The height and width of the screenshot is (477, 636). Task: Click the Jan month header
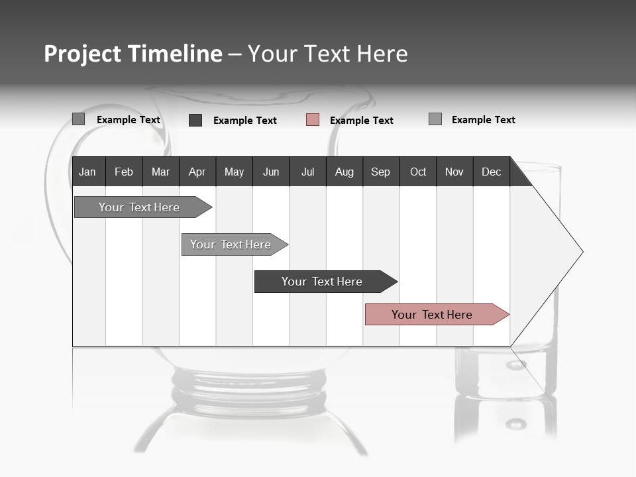[88, 172]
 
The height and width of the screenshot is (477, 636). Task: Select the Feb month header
[124, 172]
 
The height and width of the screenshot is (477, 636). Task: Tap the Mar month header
[160, 172]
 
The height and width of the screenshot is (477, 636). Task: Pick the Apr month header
[197, 172]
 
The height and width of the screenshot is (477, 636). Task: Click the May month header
[234, 172]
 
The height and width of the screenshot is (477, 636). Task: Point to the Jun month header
[271, 172]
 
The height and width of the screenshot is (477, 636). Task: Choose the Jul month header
[307, 172]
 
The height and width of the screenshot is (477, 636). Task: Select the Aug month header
[344, 172]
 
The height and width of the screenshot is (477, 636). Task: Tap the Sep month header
[381, 172]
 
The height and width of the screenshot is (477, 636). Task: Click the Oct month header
[418, 172]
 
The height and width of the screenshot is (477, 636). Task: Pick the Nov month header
[454, 172]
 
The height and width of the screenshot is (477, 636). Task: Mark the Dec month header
[492, 172]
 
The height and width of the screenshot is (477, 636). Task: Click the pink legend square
[313, 120]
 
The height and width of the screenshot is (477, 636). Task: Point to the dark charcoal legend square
[195, 120]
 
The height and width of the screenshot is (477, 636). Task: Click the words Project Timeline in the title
[133, 54]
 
